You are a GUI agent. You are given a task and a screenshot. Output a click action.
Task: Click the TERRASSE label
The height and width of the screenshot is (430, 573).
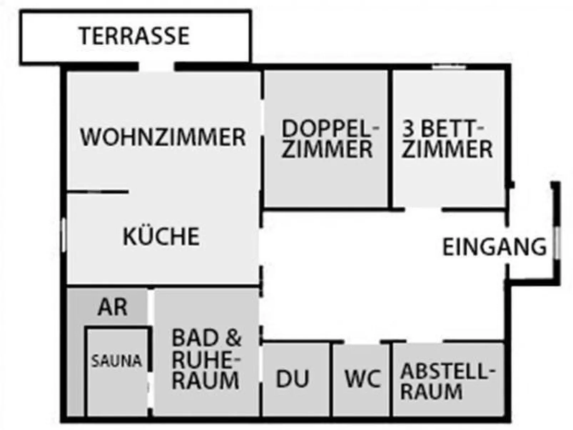pos(134,36)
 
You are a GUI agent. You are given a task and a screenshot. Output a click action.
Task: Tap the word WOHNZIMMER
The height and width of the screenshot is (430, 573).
pos(163,137)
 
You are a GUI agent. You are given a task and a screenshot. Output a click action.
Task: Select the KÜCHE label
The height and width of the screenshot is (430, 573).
pos(161,237)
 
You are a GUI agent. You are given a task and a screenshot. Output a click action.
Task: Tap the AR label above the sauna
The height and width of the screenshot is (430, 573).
pos(112,307)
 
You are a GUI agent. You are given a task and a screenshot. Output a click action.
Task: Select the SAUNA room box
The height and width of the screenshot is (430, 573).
pos(117,371)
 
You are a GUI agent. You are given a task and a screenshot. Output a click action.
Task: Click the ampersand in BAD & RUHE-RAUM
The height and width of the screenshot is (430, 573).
pos(234,338)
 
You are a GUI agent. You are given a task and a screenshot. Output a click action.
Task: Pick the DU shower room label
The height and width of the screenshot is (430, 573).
pos(292,379)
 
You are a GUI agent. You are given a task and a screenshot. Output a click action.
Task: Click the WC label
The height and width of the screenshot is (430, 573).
pos(362,379)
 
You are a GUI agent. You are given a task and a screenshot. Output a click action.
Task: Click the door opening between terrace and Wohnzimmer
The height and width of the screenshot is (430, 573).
pos(156,66)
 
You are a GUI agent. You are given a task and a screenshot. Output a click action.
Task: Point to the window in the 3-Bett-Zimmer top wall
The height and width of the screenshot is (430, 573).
pos(448,66)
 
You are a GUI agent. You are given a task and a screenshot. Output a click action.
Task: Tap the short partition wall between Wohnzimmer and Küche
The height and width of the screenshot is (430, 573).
pos(97,192)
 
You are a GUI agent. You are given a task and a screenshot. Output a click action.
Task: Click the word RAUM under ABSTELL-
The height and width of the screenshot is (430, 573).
pos(431,392)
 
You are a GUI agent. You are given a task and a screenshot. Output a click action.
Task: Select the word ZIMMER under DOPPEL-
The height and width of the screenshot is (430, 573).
pos(327,150)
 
